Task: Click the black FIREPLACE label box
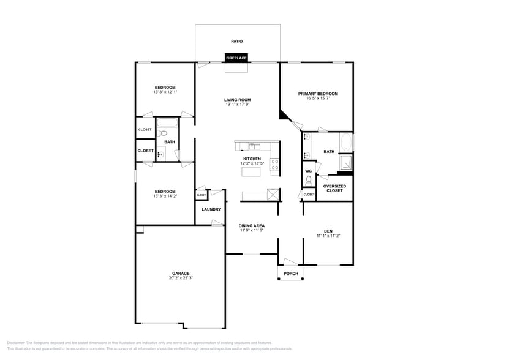point(236,58)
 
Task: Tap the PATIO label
point(236,41)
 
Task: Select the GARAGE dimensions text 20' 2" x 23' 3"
point(180,278)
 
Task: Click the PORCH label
point(291,274)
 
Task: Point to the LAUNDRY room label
point(211,209)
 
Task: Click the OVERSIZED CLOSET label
point(334,188)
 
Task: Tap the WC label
point(309,171)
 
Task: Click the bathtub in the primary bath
point(346,143)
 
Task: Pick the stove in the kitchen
point(274,164)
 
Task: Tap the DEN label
point(328,231)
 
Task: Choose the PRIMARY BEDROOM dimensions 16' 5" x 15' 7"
point(318,99)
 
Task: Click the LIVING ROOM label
point(237,100)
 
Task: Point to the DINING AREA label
point(251,226)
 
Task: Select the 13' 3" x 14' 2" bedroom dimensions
point(165,196)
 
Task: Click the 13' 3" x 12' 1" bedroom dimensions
point(165,92)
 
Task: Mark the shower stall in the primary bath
point(347,163)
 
